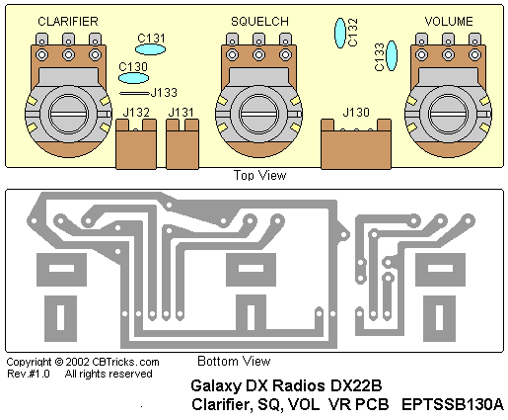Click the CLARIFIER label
pos(68,22)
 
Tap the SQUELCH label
pos(259,22)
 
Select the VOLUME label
pos(449,22)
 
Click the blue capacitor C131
pos(150,49)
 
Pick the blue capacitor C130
pos(133,78)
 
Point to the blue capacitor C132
pos(340,33)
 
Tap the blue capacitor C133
pos(392,55)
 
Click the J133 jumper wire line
pos(134,94)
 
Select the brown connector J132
pos(136,144)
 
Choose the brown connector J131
pos(182,144)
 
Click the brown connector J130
pos(356,144)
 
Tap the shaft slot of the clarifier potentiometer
pos(68,114)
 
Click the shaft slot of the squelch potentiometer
pos(258,114)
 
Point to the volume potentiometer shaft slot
pos(448,114)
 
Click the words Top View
pos(259,175)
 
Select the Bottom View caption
pos(234,361)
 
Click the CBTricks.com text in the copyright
pos(125,362)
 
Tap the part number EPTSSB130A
pos(453,404)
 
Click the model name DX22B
pos(356,385)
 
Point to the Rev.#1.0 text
pos(29,374)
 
